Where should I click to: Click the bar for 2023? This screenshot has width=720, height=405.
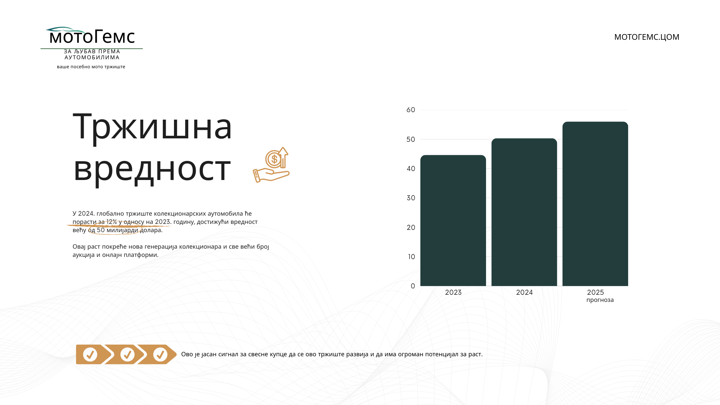coord(453,220)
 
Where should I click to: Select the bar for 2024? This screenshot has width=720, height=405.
coord(524,212)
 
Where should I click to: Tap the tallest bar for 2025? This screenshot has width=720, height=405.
coord(595,204)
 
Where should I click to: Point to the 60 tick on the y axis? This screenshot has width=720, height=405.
coord(411,110)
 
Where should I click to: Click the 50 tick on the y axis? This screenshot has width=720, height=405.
coord(411,139)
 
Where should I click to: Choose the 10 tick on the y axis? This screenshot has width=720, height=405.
coord(411,257)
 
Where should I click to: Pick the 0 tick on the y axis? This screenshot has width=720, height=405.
coord(413,286)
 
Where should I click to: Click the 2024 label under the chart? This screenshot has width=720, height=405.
coord(524,292)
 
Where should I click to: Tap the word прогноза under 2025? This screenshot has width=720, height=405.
coord(600,300)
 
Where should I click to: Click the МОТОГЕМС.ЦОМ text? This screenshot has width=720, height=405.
coord(646,37)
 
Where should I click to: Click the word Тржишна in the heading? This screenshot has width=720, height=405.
coord(152,126)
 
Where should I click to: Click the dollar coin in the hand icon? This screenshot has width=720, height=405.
coord(274,159)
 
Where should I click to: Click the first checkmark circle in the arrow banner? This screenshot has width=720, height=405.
coord(90,354)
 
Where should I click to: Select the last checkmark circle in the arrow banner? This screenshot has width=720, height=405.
coord(160,354)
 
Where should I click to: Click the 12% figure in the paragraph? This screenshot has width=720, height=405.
coord(112,222)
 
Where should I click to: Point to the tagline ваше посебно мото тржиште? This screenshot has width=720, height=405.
coord(91,67)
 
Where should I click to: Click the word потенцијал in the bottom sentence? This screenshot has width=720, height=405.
coord(442,354)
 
